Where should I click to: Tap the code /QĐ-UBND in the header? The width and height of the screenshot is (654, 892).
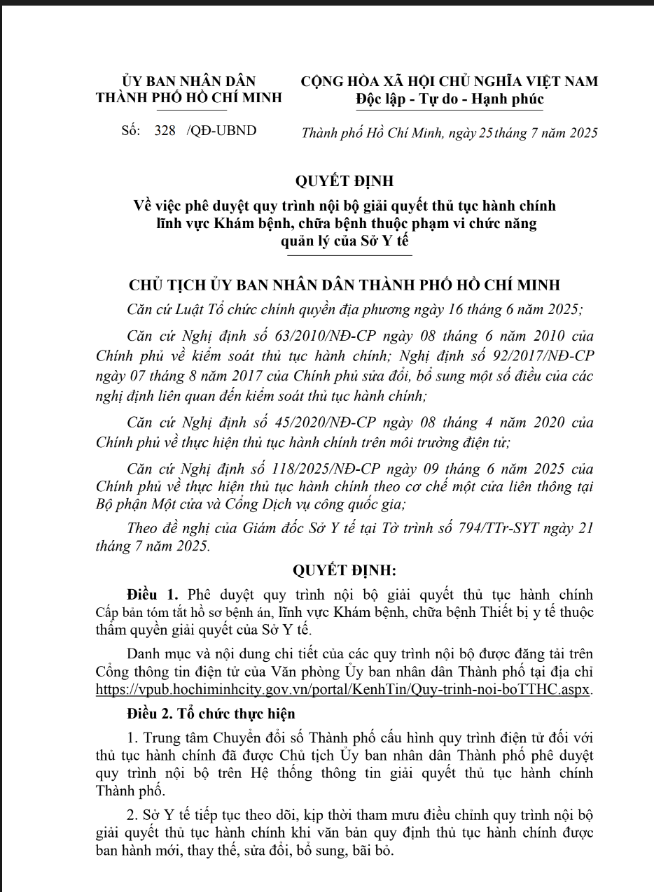pyautogui.click(x=222, y=131)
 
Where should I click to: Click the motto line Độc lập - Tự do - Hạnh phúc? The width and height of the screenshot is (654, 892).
pyautogui.click(x=450, y=99)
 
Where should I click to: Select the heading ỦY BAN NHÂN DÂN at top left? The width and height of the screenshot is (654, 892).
pyautogui.click(x=189, y=81)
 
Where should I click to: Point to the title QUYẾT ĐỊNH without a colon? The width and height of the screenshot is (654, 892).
pyautogui.click(x=345, y=181)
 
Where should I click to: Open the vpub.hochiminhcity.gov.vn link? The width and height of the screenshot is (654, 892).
pyautogui.click(x=344, y=688)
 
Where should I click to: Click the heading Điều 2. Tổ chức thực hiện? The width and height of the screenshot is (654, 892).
pyautogui.click(x=211, y=714)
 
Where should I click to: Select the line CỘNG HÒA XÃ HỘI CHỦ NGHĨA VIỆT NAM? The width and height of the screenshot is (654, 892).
pyautogui.click(x=449, y=81)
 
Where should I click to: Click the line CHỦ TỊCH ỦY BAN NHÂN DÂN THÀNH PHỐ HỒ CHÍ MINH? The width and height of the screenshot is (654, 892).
pyautogui.click(x=345, y=285)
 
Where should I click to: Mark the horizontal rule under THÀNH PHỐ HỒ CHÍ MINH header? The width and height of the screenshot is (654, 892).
pyautogui.click(x=189, y=110)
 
